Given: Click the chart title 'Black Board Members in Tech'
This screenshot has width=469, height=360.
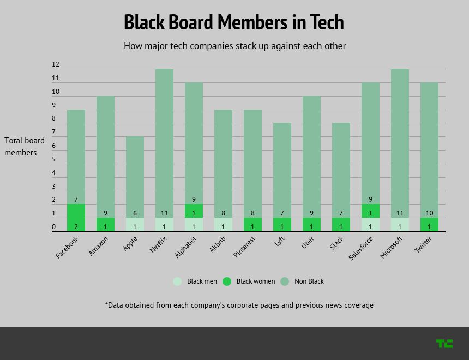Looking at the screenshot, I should tap(234, 22).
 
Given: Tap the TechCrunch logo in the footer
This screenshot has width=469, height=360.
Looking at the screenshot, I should tap(444, 343).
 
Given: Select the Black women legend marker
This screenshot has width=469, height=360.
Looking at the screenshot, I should tap(227, 281).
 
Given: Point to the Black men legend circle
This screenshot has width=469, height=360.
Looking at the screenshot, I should tap(177, 281).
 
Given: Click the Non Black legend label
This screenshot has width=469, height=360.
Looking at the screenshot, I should tap(309, 281).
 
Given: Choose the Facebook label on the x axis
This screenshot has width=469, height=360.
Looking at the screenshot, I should tap(68, 247).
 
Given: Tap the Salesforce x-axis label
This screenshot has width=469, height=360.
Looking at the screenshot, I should tap(361, 248).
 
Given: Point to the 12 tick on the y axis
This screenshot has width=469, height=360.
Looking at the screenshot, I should tap(56, 64).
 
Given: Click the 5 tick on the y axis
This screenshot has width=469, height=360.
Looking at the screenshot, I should tap(54, 159).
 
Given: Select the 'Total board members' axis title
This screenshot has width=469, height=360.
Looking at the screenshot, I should tap(25, 146).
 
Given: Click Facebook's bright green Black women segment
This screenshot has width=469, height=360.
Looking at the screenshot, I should tap(76, 218).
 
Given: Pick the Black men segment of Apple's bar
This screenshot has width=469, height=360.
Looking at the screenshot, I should tap(135, 225).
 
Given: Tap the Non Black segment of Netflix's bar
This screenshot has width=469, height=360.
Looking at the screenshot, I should tap(164, 142).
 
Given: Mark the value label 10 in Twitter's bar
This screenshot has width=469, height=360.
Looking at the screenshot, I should tap(430, 213).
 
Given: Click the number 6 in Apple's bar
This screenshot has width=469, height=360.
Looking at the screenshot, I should tap(135, 213).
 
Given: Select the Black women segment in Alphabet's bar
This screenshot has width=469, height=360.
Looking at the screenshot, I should tap(194, 211).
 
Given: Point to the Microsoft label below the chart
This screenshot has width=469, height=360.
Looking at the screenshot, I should tap(391, 247).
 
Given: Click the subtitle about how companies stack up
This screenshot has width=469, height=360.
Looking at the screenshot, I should tap(234, 46).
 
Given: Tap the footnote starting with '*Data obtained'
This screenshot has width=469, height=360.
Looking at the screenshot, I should tap(239, 305).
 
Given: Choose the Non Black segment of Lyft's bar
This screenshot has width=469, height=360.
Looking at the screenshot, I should tap(282, 169).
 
